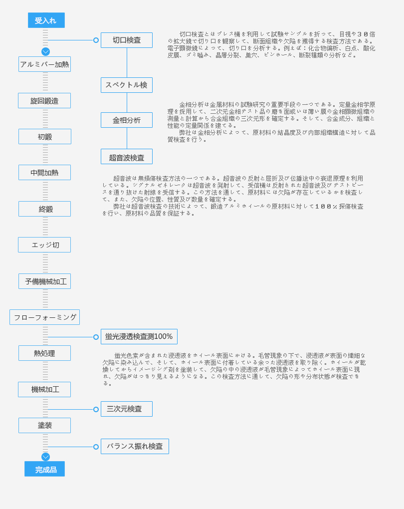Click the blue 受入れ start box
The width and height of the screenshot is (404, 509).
click(46, 20)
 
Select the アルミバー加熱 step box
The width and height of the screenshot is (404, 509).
click(44, 64)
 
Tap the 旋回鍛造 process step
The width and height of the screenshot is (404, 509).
click(44, 101)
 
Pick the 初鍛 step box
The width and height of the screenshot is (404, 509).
click(45, 137)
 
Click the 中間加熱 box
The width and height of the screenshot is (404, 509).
click(44, 173)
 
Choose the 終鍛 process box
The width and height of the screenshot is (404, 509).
click(44, 209)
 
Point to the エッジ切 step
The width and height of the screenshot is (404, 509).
click(44, 245)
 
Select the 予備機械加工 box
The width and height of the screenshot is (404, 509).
click(44, 281)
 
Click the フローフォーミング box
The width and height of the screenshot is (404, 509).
click(44, 317)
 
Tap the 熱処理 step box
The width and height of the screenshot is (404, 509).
click(44, 353)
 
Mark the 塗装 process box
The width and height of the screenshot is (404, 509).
click(44, 426)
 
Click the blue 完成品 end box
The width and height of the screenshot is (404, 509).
click(45, 469)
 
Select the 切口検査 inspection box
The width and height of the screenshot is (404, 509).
click(127, 40)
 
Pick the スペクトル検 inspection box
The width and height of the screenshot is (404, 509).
click(127, 85)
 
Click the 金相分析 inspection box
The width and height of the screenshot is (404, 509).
click(127, 120)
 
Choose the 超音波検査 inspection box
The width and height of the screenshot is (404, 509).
click(127, 157)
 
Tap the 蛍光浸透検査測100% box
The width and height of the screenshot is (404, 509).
click(139, 337)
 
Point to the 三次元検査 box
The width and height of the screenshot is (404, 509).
click(127, 409)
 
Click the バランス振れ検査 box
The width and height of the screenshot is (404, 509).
click(135, 447)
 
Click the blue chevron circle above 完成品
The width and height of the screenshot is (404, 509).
click(45, 457)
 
